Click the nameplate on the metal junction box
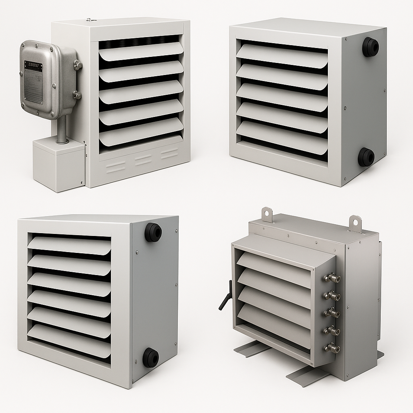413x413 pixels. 33,81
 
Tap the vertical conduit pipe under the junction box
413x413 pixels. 62,129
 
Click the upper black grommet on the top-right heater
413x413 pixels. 370,47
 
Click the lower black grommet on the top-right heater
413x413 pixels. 366,157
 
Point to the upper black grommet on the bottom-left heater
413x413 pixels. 153,232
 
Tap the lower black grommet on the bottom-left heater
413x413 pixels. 150,357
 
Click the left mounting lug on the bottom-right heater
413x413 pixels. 267,214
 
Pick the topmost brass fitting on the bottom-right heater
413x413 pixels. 332,278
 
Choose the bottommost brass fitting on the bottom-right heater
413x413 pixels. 332,348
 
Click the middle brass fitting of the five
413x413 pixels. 332,313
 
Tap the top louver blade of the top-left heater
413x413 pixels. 141,52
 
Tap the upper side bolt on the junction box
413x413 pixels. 77,65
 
